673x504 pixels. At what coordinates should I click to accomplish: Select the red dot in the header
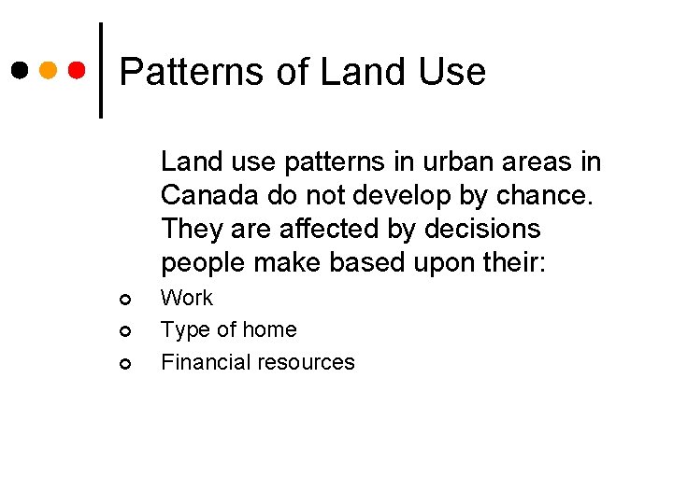79,71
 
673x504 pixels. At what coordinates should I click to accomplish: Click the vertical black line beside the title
101,71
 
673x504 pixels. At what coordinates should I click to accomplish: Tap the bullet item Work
187,299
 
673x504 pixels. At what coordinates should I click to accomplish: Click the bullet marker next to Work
123,300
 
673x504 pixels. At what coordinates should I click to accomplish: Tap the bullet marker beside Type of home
123,331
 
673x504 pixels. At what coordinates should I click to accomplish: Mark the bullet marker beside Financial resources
123,363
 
